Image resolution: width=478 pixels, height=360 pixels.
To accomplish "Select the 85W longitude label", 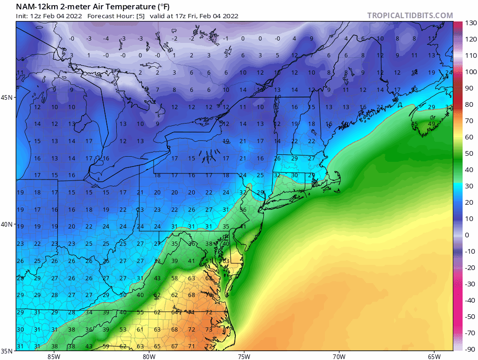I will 54,357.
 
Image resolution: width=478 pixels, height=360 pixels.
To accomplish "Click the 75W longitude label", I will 243,357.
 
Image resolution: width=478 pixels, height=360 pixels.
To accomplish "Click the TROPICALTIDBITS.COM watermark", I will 410,15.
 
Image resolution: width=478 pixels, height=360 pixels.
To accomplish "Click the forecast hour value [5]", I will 140,16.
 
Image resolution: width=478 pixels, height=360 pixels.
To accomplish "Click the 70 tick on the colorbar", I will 469,121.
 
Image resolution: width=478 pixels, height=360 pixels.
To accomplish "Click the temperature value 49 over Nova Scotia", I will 431,124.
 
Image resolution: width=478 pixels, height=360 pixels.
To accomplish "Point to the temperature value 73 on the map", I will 209,329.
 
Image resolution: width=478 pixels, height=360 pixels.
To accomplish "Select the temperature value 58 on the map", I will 175,278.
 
